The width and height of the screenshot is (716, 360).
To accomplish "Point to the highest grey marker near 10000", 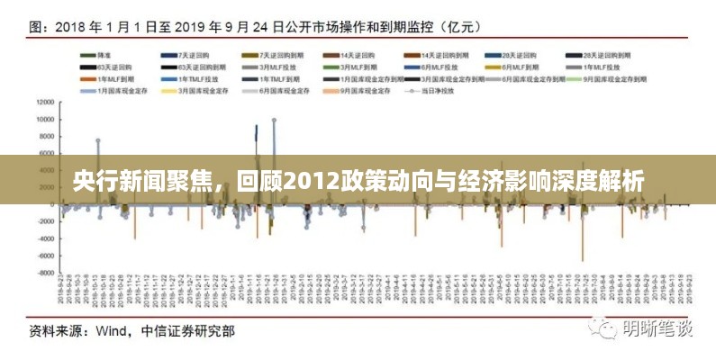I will coord(274,120).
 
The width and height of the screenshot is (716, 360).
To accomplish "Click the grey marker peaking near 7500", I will coord(98,141).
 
